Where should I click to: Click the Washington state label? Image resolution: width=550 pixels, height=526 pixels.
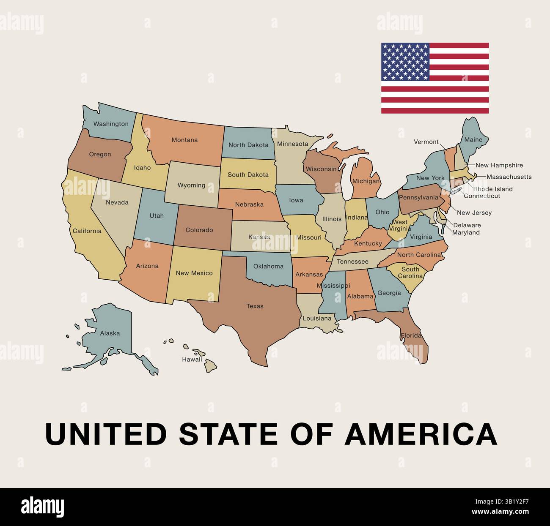(111, 124)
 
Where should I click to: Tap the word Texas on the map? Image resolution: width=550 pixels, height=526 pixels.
(255, 306)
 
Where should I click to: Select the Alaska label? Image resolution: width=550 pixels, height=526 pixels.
(110, 333)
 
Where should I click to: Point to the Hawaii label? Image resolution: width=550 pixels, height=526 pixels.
(192, 360)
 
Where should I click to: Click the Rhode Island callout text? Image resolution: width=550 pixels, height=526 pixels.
(492, 189)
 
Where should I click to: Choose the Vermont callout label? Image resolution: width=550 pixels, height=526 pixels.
(426, 142)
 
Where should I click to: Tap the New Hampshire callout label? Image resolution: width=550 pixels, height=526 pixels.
(499, 165)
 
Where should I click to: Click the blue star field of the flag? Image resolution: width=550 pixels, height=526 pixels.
(405, 62)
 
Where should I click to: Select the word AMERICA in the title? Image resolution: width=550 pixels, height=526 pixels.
(421, 434)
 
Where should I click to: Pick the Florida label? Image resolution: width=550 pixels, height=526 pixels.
(411, 335)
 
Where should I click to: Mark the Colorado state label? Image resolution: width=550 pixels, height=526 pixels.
(199, 230)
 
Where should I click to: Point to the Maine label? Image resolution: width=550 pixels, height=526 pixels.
(473, 139)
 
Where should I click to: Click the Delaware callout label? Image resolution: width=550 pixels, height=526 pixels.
(467, 225)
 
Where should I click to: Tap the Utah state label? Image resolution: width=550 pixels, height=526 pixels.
(157, 215)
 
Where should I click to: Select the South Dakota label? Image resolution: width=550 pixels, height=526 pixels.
(248, 174)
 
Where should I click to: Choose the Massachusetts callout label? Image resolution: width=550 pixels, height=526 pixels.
(509, 177)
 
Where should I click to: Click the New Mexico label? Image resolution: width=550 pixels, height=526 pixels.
(194, 273)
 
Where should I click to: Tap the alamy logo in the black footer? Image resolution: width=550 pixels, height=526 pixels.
(43, 507)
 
